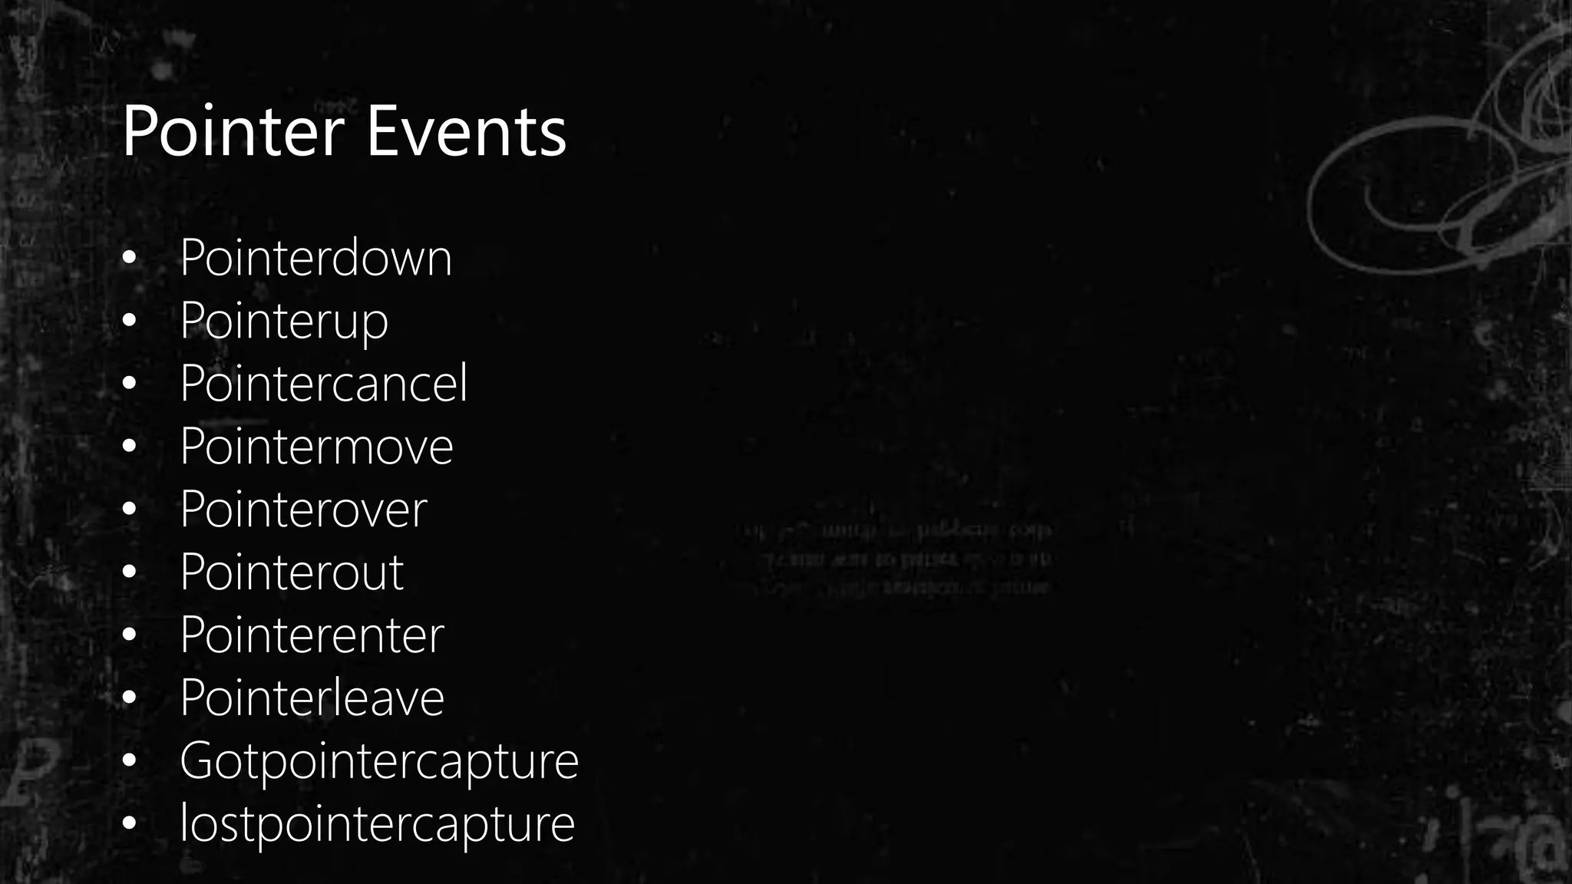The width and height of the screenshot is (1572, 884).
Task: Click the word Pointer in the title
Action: (x=233, y=132)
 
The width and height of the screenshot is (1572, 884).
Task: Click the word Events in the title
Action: (x=466, y=132)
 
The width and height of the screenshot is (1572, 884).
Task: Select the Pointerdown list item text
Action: (x=315, y=258)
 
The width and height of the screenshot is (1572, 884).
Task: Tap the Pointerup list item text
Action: (x=284, y=321)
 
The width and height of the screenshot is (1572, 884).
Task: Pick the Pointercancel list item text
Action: (x=323, y=383)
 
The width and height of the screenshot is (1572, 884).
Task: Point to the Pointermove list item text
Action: (x=316, y=447)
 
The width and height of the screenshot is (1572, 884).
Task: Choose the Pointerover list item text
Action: (x=303, y=510)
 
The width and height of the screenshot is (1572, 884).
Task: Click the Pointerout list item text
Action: (x=292, y=572)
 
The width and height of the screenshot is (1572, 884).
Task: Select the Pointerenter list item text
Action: (x=312, y=635)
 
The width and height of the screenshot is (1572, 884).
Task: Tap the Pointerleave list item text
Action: (x=312, y=698)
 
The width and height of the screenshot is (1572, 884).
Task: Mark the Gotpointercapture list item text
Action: (x=379, y=761)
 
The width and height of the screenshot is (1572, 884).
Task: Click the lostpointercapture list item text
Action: (x=377, y=824)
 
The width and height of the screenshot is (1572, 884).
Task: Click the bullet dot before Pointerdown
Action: (x=129, y=259)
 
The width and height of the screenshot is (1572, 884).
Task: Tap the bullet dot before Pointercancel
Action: (x=129, y=383)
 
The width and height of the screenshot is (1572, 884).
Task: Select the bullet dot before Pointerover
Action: (x=129, y=509)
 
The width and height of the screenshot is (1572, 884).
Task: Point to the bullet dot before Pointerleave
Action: (x=129, y=698)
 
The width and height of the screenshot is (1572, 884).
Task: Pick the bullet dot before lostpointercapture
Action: (x=129, y=823)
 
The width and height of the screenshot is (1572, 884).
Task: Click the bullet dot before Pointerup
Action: (x=129, y=320)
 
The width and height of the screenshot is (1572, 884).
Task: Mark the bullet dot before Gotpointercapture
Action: (x=129, y=760)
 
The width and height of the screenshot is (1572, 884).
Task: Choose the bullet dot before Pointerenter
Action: (x=129, y=635)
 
